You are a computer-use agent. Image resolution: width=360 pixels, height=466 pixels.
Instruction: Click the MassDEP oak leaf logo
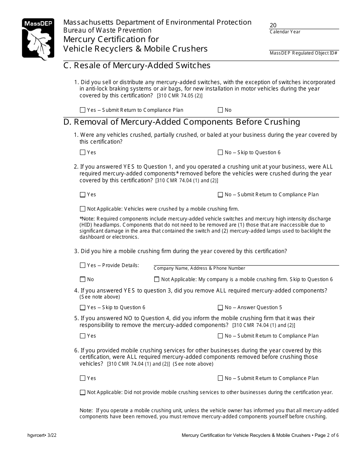[x=38, y=39]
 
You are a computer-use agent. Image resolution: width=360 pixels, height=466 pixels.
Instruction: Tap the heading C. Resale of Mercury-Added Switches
[x=137, y=66]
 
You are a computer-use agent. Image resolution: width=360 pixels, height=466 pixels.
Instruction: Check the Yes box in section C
[x=83, y=110]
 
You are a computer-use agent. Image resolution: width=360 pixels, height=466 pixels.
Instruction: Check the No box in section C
[x=220, y=110]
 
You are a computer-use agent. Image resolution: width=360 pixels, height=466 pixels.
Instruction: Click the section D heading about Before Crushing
[x=182, y=122]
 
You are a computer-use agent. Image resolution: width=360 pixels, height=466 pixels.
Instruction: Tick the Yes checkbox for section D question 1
[x=83, y=153]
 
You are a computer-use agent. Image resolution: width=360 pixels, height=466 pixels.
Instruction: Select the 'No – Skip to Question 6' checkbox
[x=220, y=153]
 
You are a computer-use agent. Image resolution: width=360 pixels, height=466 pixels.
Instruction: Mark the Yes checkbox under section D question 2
[x=83, y=195]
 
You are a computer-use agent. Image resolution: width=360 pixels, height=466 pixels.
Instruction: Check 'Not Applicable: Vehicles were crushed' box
[x=83, y=209]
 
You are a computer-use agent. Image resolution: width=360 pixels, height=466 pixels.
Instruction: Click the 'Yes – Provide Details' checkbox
[x=83, y=266]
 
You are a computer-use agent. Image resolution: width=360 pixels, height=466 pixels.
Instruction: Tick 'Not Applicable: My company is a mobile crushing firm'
[x=157, y=280]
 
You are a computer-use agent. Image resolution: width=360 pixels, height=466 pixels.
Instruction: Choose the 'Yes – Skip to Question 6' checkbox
[x=83, y=308]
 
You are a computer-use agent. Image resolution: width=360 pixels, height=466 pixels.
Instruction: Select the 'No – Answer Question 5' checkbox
[x=220, y=308]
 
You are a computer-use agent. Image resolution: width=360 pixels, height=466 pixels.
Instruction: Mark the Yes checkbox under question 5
[x=83, y=336]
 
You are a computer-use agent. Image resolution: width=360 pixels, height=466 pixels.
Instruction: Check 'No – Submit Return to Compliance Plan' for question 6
[x=220, y=378]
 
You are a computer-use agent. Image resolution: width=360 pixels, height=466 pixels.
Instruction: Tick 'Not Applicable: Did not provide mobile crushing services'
[x=83, y=393]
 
